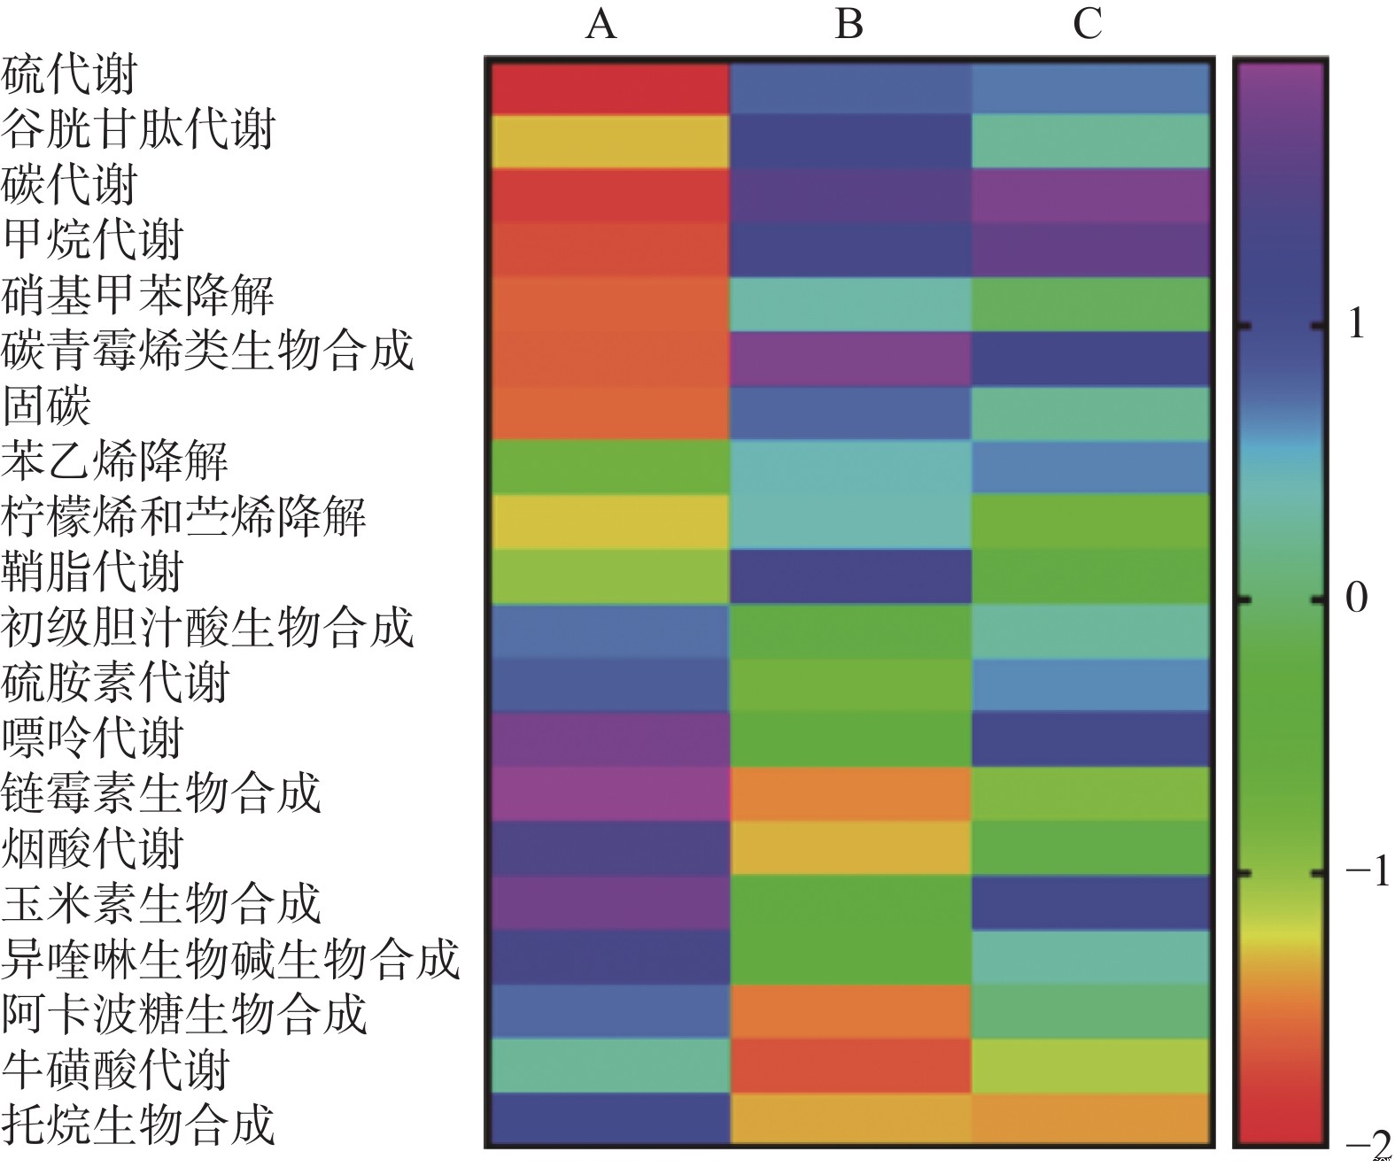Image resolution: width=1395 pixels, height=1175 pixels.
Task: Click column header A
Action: coord(601,24)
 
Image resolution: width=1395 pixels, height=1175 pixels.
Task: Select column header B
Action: coord(849,24)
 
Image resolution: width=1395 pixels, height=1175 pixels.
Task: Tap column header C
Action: coord(1088,24)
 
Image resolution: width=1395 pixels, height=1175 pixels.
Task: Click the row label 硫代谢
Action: coord(69,74)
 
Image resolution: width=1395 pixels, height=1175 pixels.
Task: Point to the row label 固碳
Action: coord(46,406)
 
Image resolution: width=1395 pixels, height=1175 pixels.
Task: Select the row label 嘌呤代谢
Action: coord(92,738)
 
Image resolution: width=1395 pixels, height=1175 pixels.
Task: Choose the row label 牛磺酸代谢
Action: coord(115,1069)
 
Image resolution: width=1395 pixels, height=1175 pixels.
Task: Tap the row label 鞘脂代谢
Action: coord(92,572)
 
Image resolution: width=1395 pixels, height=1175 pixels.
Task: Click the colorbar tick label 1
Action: coord(1355,326)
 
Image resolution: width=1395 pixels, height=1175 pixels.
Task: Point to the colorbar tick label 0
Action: coord(1356,599)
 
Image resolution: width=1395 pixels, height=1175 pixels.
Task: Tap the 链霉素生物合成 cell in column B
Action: coord(850,793)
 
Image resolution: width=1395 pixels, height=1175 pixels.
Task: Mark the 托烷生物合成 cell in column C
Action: coord(1091,1120)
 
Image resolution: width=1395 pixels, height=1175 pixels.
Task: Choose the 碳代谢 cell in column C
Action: coord(1091,196)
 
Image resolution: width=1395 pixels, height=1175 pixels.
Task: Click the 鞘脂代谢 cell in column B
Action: coord(850,576)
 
